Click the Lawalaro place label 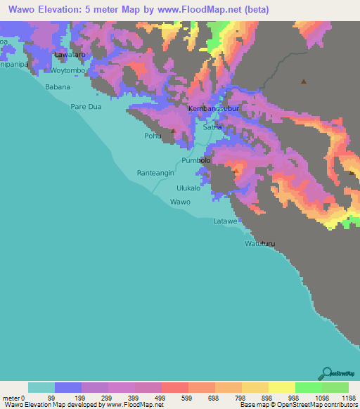click(70, 54)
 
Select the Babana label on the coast click(58, 87)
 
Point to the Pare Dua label click(87, 107)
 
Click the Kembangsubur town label click(214, 110)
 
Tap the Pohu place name click(153, 136)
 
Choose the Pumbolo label click(196, 161)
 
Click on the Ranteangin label click(154, 172)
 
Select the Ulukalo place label click(188, 188)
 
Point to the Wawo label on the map click(180, 202)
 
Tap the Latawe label click(226, 221)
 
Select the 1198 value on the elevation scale click(349, 397)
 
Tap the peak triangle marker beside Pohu click(172, 131)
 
